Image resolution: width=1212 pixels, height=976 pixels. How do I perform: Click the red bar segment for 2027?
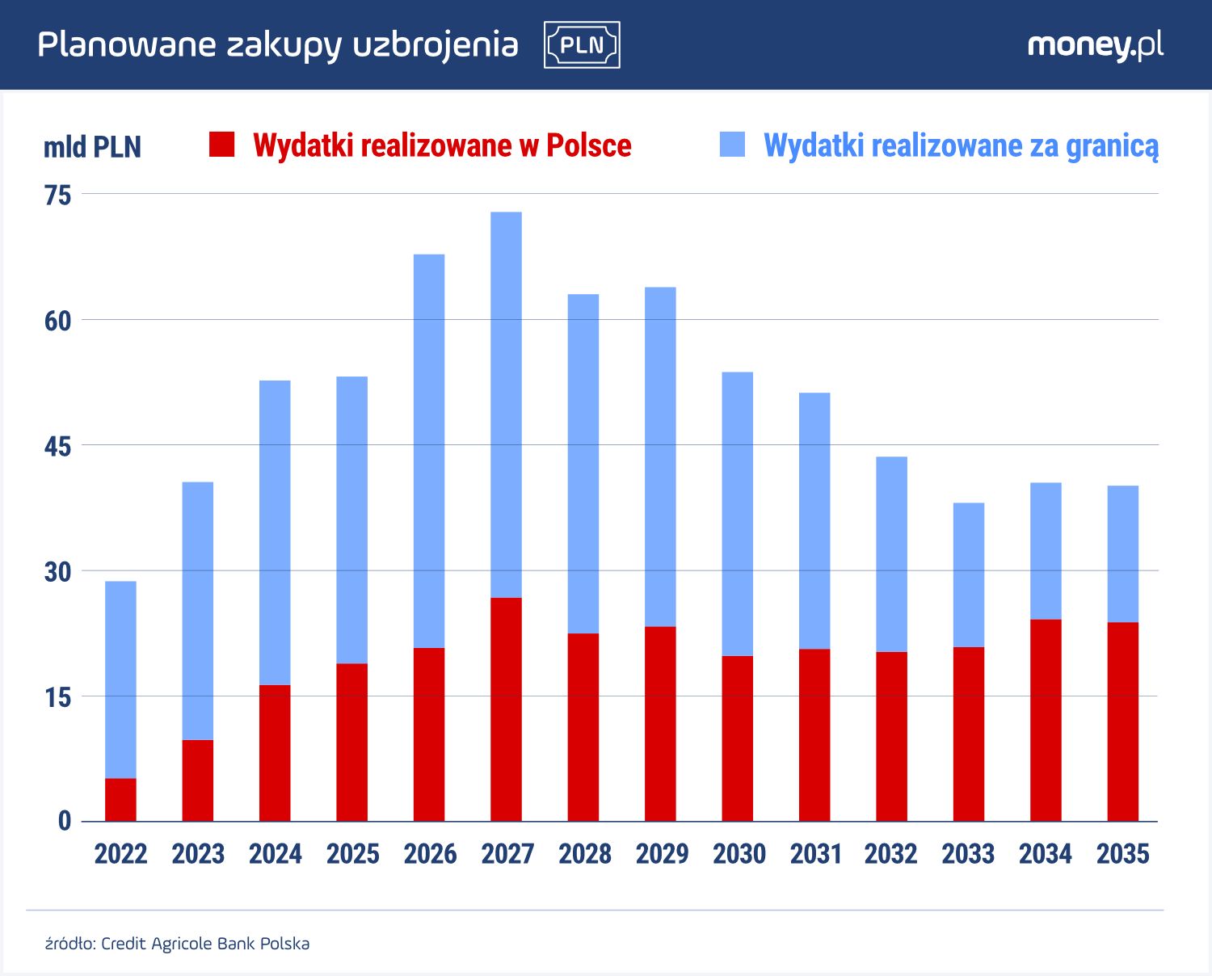[506, 709]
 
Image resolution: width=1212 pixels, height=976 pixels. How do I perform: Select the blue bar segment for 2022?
[120, 679]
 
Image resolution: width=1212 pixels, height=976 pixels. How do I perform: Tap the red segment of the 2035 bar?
[1122, 721]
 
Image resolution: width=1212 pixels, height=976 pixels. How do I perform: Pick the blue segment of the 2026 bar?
[429, 451]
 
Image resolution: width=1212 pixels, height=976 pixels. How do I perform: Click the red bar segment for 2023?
[198, 780]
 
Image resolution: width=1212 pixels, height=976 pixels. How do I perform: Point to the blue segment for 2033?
[968, 574]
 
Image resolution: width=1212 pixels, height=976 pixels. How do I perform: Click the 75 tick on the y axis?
[58, 196]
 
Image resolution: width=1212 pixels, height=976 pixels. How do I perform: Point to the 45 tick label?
[58, 447]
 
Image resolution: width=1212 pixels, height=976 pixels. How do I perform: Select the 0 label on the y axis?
[65, 822]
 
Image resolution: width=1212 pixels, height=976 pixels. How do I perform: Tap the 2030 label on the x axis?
[739, 854]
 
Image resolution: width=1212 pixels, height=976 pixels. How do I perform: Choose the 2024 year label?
[275, 854]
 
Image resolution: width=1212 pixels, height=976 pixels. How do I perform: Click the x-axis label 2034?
[1045, 854]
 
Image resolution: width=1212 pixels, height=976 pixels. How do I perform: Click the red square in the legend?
[221, 145]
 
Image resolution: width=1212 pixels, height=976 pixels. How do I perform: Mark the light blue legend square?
[732, 145]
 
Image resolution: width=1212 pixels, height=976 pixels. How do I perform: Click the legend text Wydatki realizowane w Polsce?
[442, 145]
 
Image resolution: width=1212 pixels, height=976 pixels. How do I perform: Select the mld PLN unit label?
[92, 147]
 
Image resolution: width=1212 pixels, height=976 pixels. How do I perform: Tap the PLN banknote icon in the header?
[582, 44]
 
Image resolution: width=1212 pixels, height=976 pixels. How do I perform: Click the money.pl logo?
[1095, 45]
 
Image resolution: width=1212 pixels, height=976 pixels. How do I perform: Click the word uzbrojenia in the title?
[436, 45]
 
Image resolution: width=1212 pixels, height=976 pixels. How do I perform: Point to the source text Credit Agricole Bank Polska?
[205, 944]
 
